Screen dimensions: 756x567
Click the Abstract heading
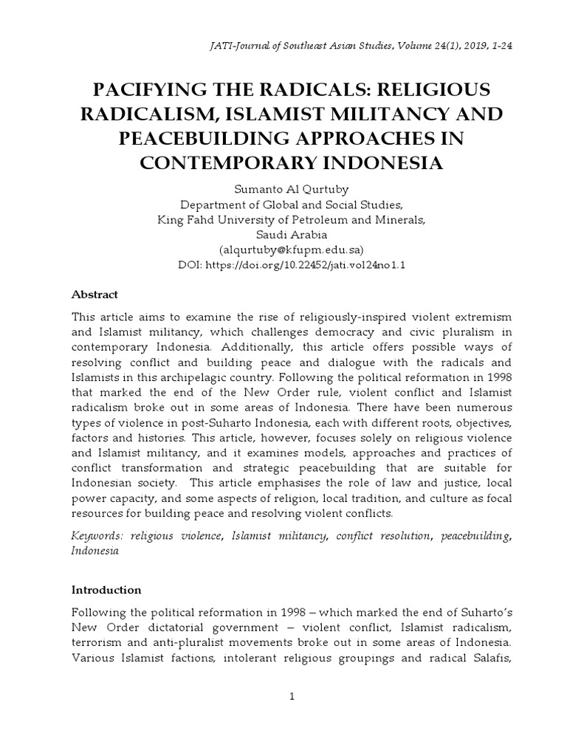tap(94, 294)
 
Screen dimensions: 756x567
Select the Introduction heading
tap(106, 590)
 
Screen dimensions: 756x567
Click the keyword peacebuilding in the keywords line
tap(475, 536)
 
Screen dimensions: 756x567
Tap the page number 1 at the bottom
tap(292, 697)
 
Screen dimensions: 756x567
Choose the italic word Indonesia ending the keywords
tap(94, 551)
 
